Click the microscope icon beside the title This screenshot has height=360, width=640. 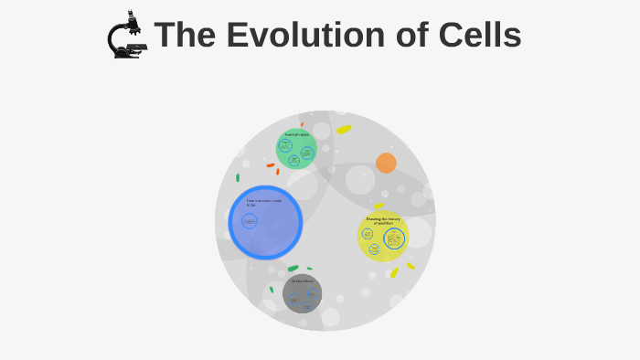tap(126, 36)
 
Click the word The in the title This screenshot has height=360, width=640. tap(186, 36)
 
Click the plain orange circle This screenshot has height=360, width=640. tap(386, 163)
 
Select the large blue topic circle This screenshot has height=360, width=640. tap(265, 223)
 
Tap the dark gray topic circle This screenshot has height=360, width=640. tap(302, 293)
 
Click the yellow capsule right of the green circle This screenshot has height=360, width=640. tap(344, 130)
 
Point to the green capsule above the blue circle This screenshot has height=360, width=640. tap(238, 177)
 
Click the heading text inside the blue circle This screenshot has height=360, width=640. tap(263, 203)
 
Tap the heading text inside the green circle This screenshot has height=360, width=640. tap(296, 134)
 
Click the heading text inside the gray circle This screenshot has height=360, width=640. tap(302, 281)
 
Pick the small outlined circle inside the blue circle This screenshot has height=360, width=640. tap(250, 221)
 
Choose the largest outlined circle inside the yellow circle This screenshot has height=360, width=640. tap(394, 239)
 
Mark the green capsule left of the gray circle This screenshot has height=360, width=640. tap(272, 290)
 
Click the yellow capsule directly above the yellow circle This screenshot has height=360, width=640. tap(379, 206)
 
